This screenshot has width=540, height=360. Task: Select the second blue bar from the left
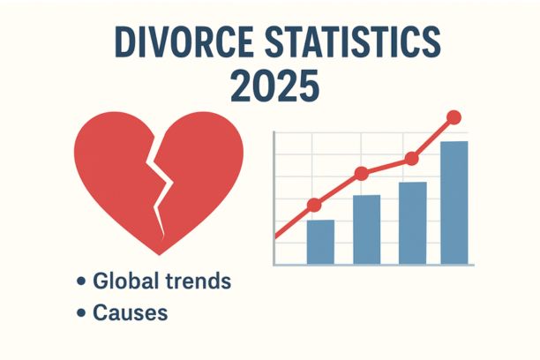pyautogui.click(x=366, y=229)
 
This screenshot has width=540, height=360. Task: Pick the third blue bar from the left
pyautogui.click(x=412, y=222)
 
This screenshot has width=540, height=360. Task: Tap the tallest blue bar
pyautogui.click(x=454, y=202)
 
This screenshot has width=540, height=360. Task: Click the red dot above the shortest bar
pyautogui.click(x=314, y=206)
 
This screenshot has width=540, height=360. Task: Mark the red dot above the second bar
pyautogui.click(x=361, y=174)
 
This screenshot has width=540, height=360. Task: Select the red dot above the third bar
pyautogui.click(x=410, y=159)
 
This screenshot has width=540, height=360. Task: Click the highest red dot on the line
pyautogui.click(x=454, y=116)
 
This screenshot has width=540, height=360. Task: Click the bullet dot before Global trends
pyautogui.click(x=81, y=282)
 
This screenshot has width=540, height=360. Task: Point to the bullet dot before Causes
pyautogui.click(x=81, y=313)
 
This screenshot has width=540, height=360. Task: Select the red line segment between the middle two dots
pyautogui.click(x=386, y=166)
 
